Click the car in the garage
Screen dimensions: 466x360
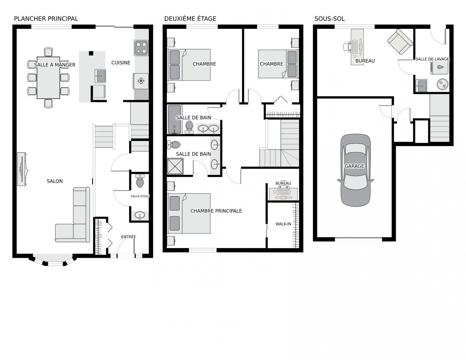click(x=355, y=170)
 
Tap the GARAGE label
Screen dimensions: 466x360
click(x=354, y=166)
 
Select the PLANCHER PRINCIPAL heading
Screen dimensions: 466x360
click(x=46, y=19)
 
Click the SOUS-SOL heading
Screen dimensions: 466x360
click(x=329, y=19)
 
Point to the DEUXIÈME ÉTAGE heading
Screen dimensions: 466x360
click(x=190, y=19)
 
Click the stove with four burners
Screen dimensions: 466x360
click(x=141, y=48)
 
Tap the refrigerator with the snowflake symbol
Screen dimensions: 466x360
click(x=141, y=81)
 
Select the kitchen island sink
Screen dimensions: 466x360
click(x=100, y=76)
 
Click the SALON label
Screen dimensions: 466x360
click(x=55, y=181)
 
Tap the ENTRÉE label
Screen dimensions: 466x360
click(x=128, y=237)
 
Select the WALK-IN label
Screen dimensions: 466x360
click(x=283, y=224)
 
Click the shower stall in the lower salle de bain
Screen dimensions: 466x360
click(x=175, y=166)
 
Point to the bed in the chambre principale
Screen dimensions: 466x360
click(x=189, y=213)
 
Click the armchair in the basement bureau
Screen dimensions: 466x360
click(x=400, y=42)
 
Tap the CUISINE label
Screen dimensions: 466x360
click(x=121, y=63)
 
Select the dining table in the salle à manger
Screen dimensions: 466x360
click(x=48, y=78)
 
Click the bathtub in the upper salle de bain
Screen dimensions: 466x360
click(x=175, y=119)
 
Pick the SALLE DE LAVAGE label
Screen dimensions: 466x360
click(x=432, y=59)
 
